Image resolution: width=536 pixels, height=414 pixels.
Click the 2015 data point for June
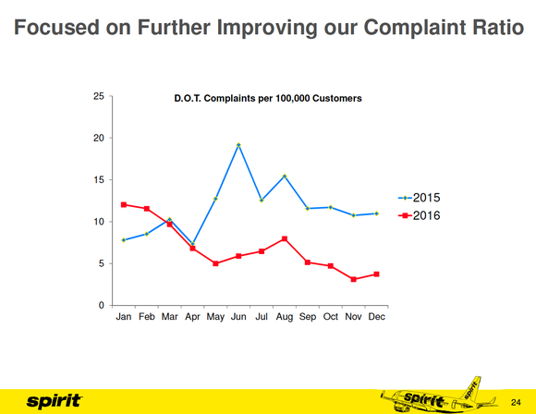(x=238, y=145)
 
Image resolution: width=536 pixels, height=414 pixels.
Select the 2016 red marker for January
(x=124, y=204)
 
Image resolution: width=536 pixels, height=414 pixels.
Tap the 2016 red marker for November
(x=353, y=279)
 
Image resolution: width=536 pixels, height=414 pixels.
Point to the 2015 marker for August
(x=285, y=177)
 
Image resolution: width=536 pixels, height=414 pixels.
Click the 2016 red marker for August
(x=285, y=238)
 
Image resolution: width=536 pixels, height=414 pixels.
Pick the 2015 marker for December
(x=376, y=213)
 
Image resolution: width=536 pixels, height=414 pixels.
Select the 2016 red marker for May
(x=215, y=263)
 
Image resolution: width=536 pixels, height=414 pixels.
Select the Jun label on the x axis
(x=238, y=317)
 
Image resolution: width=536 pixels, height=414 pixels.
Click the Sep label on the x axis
(x=308, y=317)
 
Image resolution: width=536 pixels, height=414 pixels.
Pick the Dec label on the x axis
(x=376, y=317)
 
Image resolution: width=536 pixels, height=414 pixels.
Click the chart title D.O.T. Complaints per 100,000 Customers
(x=268, y=98)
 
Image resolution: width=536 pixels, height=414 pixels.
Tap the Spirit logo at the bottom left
(x=54, y=401)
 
